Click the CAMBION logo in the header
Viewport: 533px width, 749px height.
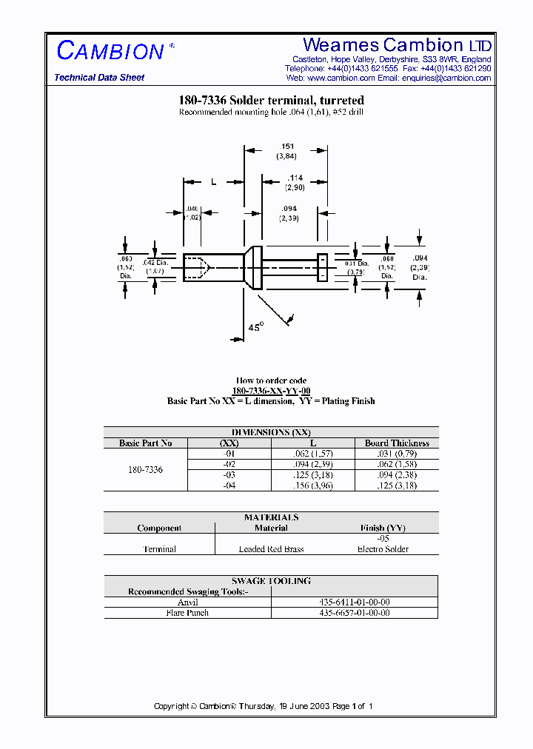pos(110,51)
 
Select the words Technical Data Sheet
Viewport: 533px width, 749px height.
pos(99,78)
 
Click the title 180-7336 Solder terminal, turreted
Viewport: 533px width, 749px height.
pos(271,100)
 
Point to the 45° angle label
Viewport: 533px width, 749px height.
pos(255,326)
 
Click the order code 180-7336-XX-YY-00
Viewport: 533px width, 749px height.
pos(271,391)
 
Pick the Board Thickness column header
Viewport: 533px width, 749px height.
pos(397,443)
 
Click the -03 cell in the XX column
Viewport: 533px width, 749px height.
pos(229,474)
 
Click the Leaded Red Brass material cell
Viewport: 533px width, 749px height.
pos(271,549)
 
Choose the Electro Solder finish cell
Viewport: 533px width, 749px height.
pos(383,549)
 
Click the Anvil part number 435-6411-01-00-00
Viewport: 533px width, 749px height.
pos(354,602)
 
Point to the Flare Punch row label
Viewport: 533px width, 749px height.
pos(188,613)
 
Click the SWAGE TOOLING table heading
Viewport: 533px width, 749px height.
pos(271,581)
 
